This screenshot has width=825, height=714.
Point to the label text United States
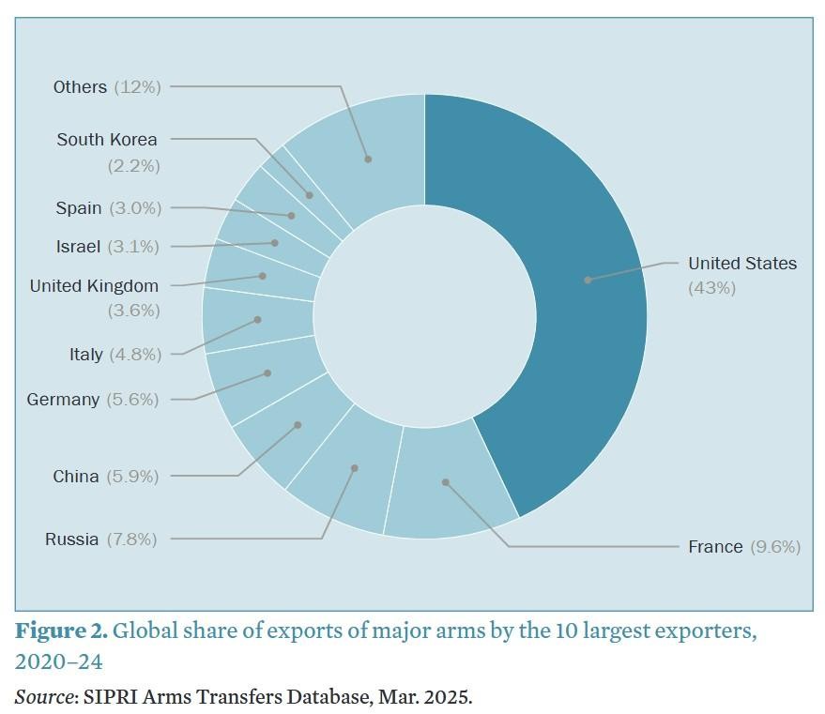tap(741, 264)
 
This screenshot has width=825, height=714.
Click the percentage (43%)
tap(711, 288)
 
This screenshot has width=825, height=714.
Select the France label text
tap(715, 547)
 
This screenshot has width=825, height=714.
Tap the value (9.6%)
tap(775, 547)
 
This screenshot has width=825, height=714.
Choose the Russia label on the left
tap(71, 539)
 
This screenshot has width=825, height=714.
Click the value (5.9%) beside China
tap(132, 477)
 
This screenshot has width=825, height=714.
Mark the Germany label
tap(63, 400)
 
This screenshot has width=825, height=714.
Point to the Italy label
tap(85, 355)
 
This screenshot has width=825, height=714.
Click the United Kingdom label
tap(94, 286)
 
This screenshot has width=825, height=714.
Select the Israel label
tap(78, 247)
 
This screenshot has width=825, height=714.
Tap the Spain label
tap(78, 208)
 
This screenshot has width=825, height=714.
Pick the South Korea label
tap(107, 140)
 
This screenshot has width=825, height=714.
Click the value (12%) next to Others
tap(137, 87)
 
